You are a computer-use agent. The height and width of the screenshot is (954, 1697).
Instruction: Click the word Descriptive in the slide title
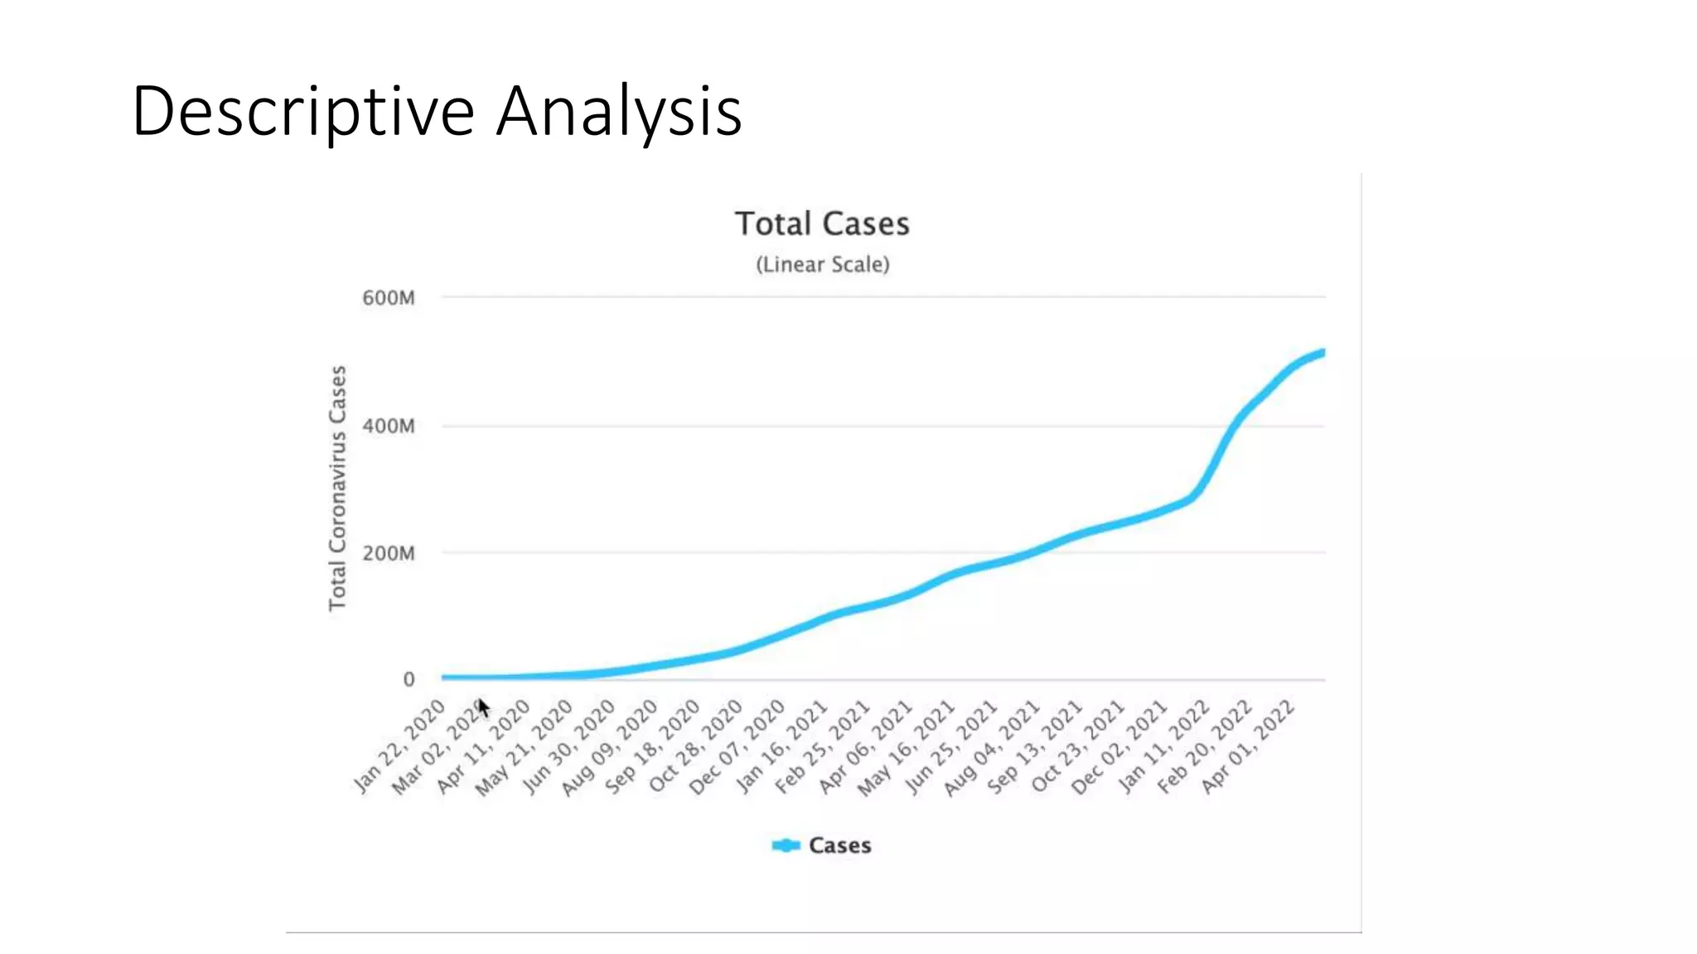coord(302,112)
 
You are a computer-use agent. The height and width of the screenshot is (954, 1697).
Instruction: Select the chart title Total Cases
coord(822,224)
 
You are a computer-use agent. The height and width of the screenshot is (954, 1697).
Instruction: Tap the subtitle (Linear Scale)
coord(822,265)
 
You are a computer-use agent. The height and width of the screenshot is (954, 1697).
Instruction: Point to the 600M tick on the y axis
coord(388,298)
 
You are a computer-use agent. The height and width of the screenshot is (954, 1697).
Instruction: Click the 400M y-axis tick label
coord(388,426)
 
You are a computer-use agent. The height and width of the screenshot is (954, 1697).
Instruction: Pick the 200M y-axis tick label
coord(388,553)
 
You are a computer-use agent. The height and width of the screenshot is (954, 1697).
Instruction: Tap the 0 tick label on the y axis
coord(409,680)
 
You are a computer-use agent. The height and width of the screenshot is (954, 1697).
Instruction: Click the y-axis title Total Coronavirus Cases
coord(337,489)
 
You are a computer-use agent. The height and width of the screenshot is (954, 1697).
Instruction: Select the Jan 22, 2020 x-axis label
coord(400,746)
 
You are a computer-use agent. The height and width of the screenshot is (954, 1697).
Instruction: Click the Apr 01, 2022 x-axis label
coord(1248,746)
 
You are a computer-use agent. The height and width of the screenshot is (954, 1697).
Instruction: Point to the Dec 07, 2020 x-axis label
coord(737,748)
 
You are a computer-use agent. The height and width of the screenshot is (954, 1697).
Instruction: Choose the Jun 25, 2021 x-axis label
coord(950,748)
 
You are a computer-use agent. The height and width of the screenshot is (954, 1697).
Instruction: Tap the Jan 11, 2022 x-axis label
coord(1163,746)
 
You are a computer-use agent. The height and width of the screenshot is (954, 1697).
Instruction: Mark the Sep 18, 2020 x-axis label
coord(652,748)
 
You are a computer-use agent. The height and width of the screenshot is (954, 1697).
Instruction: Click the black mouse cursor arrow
coord(484,709)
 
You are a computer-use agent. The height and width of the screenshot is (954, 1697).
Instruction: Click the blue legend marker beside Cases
coord(786,846)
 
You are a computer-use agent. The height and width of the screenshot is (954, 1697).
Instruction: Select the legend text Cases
coord(839,846)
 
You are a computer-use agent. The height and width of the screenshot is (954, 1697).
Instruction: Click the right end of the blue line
coord(1322,354)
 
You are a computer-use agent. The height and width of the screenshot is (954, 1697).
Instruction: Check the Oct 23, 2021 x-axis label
coord(1078,746)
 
